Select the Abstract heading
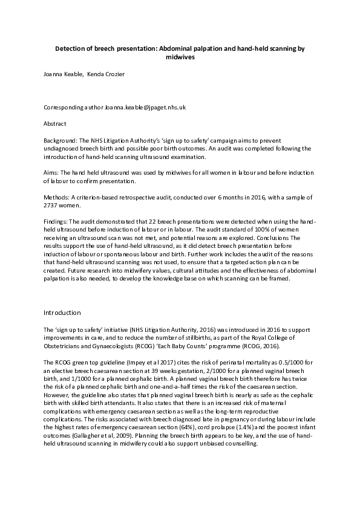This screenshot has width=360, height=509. tap(56, 123)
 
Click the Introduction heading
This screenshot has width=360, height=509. tap(62, 313)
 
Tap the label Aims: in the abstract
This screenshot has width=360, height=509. tap(52, 172)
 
